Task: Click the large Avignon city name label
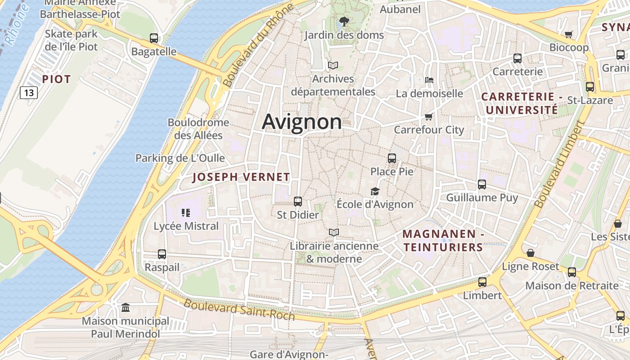pyautogui.click(x=301, y=121)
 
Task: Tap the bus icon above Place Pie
pyautogui.click(x=391, y=158)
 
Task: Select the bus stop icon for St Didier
pyautogui.click(x=297, y=201)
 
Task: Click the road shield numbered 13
pyautogui.click(x=29, y=93)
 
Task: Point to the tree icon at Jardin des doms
pyautogui.click(x=344, y=21)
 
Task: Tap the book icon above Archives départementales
pyautogui.click(x=333, y=65)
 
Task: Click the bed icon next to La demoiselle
pyautogui.click(x=429, y=80)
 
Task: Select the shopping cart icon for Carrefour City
pyautogui.click(x=428, y=117)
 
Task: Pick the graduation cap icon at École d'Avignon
pyautogui.click(x=375, y=191)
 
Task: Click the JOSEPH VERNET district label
pyautogui.click(x=241, y=177)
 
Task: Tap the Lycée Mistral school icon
pyautogui.click(x=186, y=212)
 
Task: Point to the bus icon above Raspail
pyautogui.click(x=162, y=254)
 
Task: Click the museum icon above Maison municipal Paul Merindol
pyautogui.click(x=126, y=308)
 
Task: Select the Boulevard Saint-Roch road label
pyautogui.click(x=239, y=310)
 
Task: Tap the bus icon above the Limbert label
pyautogui.click(x=482, y=282)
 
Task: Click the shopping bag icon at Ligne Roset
pyautogui.click(x=531, y=253)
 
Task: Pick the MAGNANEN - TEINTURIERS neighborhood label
pyautogui.click(x=443, y=240)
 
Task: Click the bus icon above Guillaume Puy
pyautogui.click(x=481, y=184)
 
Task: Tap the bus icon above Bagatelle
pyautogui.click(x=153, y=38)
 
